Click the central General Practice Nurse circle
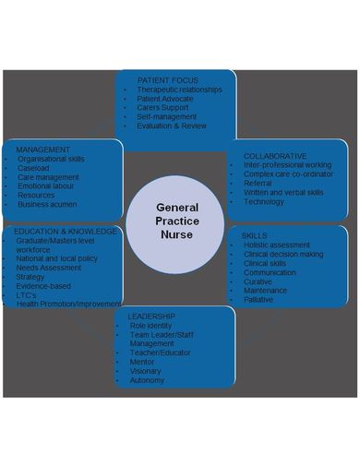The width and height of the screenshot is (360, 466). (177, 222)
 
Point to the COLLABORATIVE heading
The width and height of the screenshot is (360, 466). (275, 156)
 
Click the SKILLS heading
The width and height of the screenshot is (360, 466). (255, 235)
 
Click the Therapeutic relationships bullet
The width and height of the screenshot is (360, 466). (182, 89)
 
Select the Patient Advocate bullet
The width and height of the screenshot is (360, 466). (167, 98)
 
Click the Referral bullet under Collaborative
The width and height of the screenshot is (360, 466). (258, 184)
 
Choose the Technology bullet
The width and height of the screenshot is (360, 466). (264, 201)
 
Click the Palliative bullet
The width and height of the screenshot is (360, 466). (259, 299)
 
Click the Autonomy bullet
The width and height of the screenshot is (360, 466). (147, 379)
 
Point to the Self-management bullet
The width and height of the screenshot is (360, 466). (167, 116)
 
